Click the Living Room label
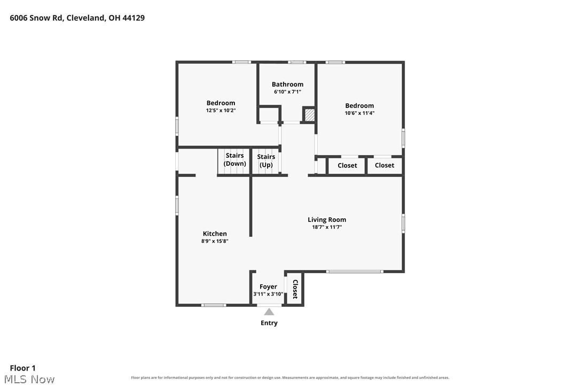tap(327, 220)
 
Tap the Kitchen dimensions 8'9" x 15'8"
tap(215, 241)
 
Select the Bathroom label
tap(287, 84)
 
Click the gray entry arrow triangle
tap(269, 312)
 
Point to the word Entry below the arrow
tap(269, 323)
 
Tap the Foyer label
tap(268, 287)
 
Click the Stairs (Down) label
tap(234, 160)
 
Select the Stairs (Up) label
tap(266, 161)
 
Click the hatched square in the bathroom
tap(309, 114)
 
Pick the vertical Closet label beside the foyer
tap(295, 289)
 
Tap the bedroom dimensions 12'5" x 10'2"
tap(221, 110)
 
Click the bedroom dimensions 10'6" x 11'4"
tap(359, 113)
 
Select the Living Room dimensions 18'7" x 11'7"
tap(327, 227)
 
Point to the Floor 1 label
tap(22, 368)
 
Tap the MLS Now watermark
tap(29, 380)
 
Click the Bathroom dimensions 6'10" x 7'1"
tap(287, 92)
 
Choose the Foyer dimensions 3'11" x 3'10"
tap(268, 294)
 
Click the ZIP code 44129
tap(134, 18)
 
